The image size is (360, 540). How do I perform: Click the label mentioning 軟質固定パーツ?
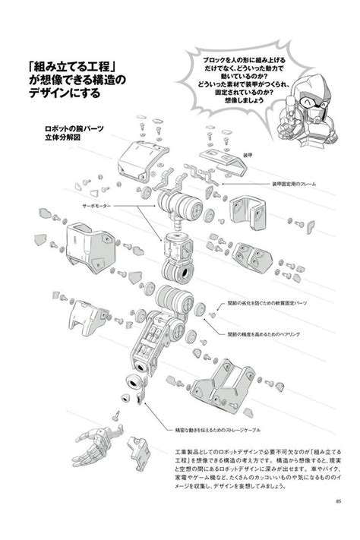pyautogui.click(x=268, y=303)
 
